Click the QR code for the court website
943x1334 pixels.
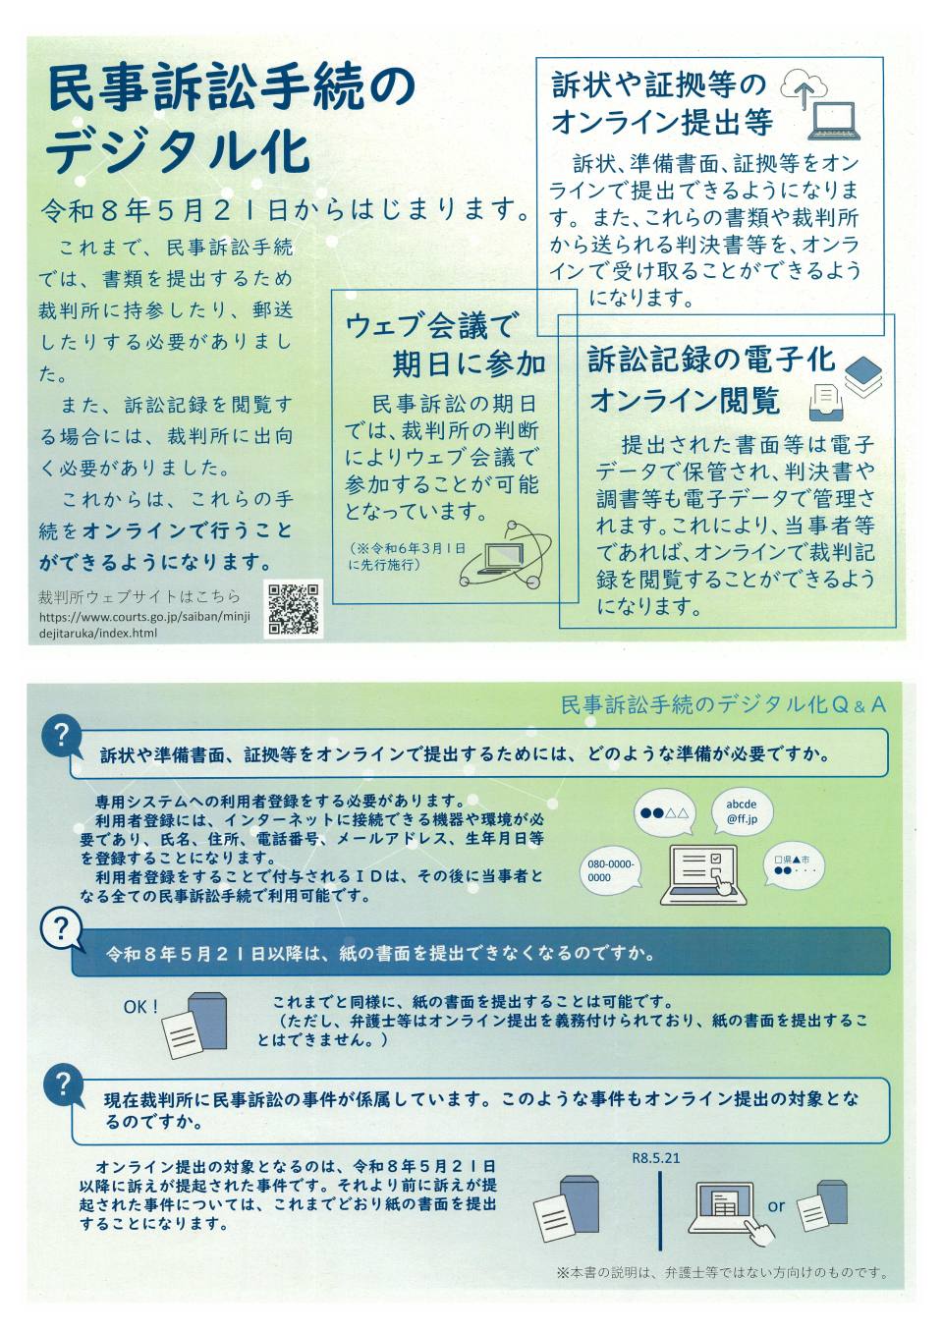pos(294,609)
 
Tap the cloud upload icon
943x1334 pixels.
pos(804,88)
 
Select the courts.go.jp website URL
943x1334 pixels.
pos(144,624)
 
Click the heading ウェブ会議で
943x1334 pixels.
pos(428,327)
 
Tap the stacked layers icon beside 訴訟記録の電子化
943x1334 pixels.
pos(863,376)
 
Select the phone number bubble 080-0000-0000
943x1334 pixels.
pos(611,870)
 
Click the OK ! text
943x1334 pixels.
pos(141,1007)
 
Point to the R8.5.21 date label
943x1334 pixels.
pos(655,1158)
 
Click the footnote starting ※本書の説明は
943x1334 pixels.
pos(722,1273)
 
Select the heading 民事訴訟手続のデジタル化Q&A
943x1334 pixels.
pos(723,705)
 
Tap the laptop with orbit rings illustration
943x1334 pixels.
pos(506,554)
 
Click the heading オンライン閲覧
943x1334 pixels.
pos(685,400)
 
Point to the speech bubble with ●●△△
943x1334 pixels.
pos(664,813)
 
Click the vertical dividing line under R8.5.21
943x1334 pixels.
pos(660,1211)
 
